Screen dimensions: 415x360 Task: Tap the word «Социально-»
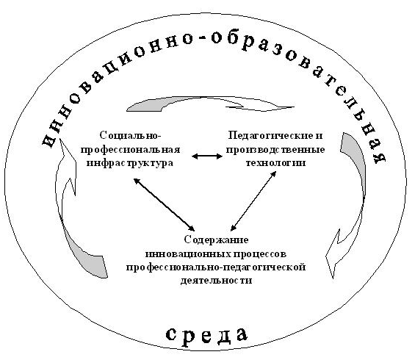tap(131, 135)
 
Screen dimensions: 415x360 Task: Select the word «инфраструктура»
tap(130, 162)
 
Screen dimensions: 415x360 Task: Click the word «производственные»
tap(275, 150)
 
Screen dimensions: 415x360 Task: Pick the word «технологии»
tap(275, 162)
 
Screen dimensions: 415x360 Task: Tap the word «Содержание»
tap(216, 240)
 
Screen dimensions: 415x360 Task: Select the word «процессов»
tap(261, 254)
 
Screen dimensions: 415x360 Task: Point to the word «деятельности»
tap(216, 280)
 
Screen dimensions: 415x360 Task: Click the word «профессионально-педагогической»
tap(216, 267)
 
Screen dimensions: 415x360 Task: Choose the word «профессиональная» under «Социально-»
tap(130, 150)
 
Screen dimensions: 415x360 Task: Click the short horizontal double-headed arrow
tap(207, 156)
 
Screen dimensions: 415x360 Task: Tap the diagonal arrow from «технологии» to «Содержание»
tap(253, 201)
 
